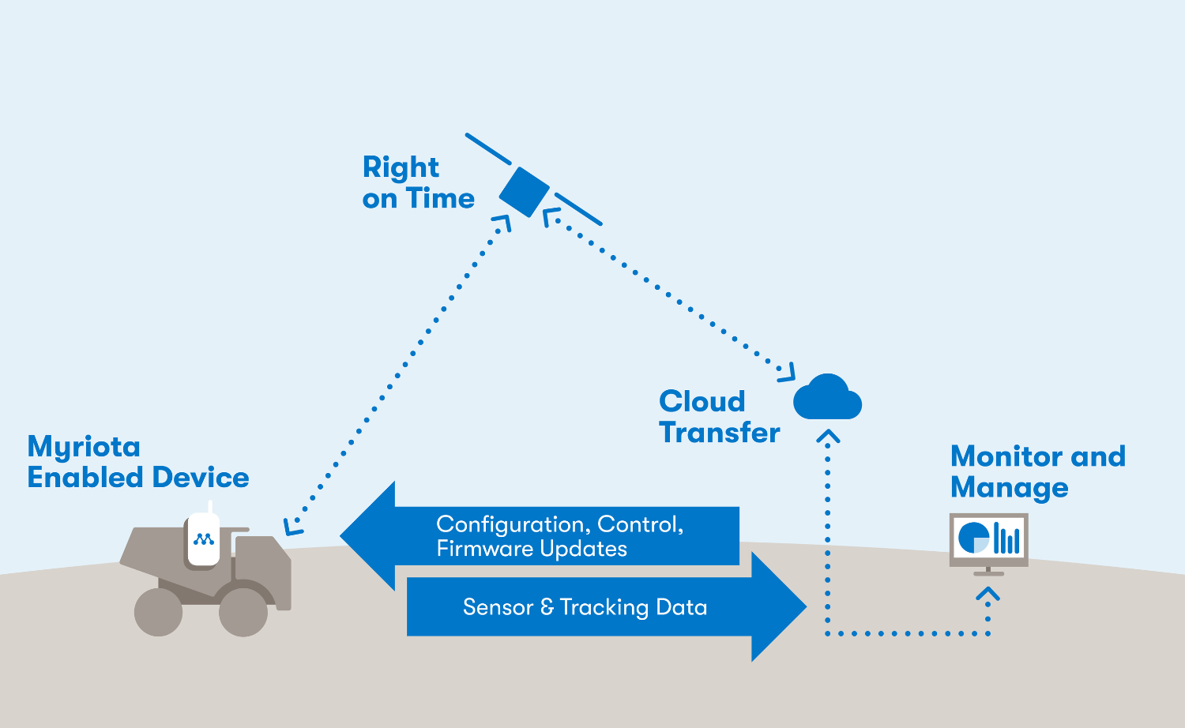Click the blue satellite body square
pyautogui.click(x=524, y=191)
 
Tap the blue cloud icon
pyautogui.click(x=827, y=399)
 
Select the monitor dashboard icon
pyautogui.click(x=988, y=541)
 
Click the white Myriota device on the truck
pyautogui.click(x=203, y=538)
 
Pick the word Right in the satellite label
pyautogui.click(x=401, y=167)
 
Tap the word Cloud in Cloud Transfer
pyautogui.click(x=702, y=401)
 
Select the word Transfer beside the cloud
pyautogui.click(x=720, y=433)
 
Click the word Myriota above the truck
pyautogui.click(x=84, y=448)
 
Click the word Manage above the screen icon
pyautogui.click(x=1009, y=488)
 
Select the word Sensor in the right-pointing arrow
pyautogui.click(x=498, y=607)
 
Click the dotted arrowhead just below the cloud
pyautogui.click(x=827, y=437)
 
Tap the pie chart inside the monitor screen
pyautogui.click(x=973, y=538)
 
